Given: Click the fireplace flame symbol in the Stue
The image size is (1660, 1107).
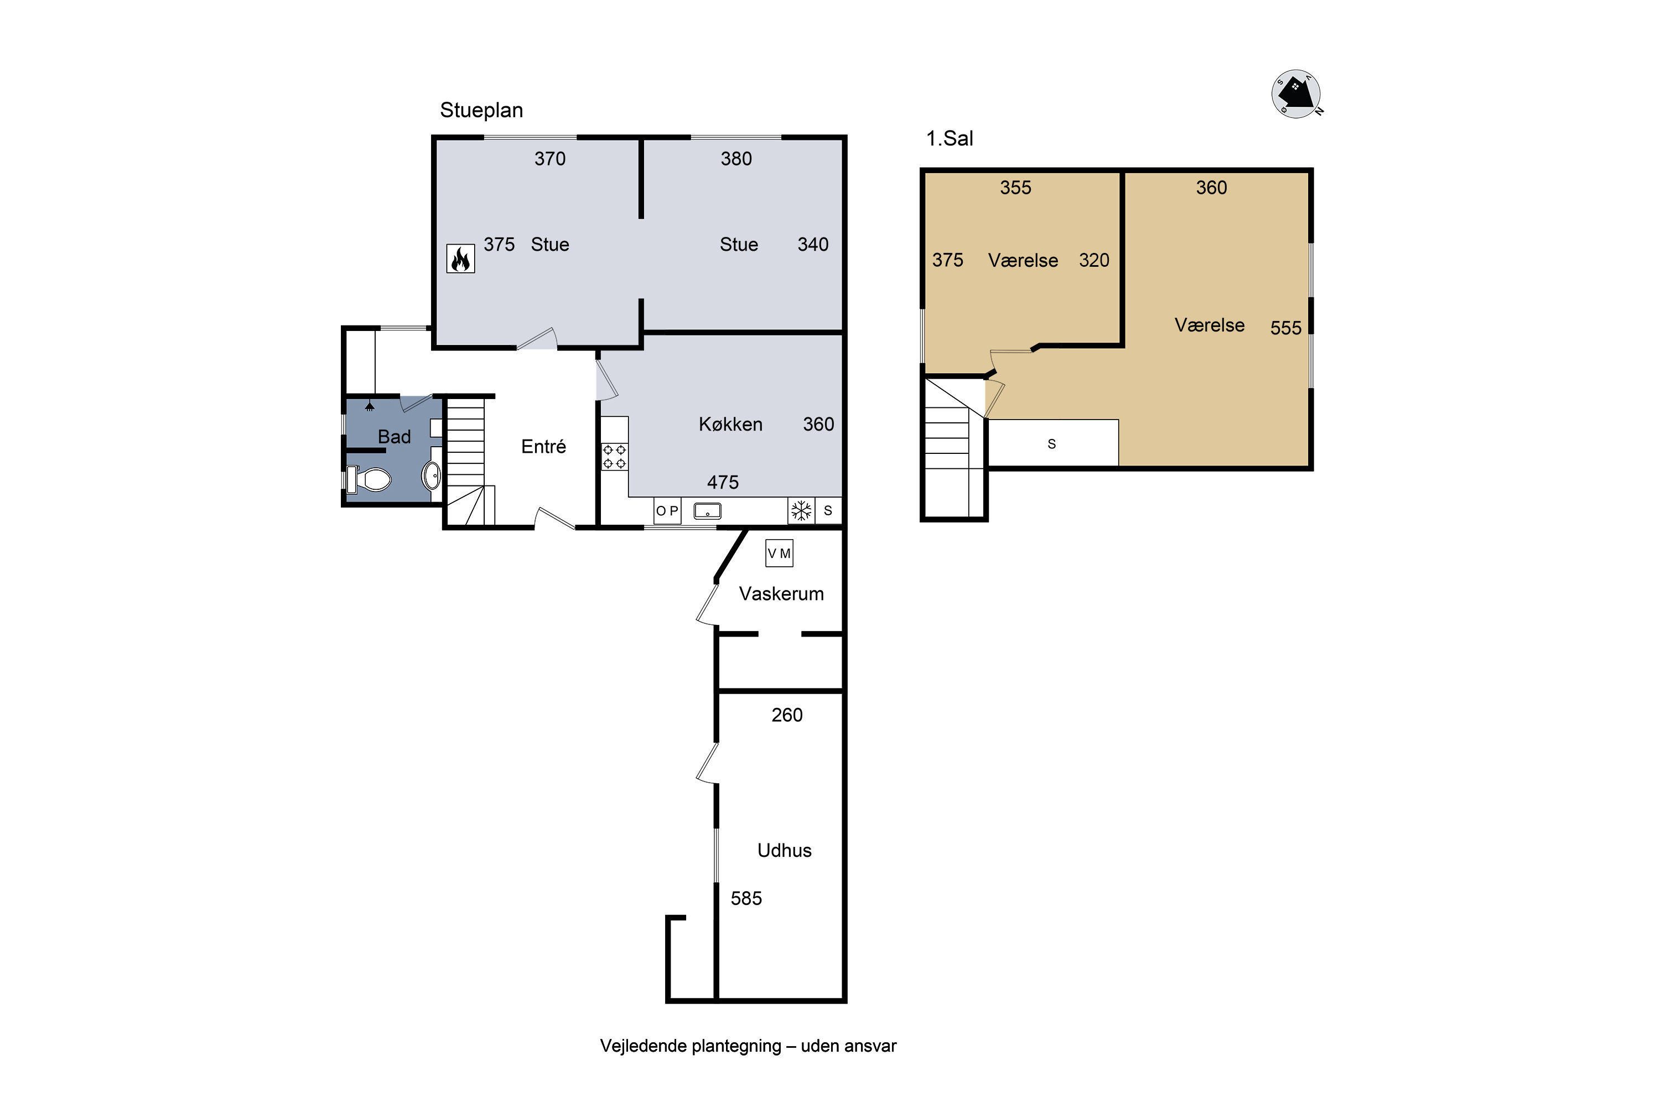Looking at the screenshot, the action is click(x=460, y=258).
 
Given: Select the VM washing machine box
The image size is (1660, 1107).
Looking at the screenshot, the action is click(x=779, y=553).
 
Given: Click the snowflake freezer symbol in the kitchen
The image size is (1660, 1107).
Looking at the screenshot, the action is click(x=801, y=510).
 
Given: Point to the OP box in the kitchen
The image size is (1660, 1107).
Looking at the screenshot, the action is click(x=667, y=510).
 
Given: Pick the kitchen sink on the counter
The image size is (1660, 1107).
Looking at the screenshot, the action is click(x=707, y=510).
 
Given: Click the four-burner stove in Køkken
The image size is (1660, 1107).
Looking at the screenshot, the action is click(x=614, y=457).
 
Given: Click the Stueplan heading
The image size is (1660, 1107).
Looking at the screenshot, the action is click(x=481, y=110).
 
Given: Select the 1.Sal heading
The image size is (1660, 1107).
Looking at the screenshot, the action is click(x=950, y=138).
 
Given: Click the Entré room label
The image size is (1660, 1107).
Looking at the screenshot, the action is click(x=543, y=446).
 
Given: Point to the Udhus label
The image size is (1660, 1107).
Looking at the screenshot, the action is click(x=784, y=850).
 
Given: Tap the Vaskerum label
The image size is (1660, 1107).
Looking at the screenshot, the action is click(x=781, y=594).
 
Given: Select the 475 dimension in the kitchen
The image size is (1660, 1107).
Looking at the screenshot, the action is click(x=723, y=482).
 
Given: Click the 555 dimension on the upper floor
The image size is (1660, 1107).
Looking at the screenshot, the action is click(x=1286, y=328).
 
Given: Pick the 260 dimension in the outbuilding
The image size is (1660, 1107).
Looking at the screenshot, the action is click(x=787, y=715).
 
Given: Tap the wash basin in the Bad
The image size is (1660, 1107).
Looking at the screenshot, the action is click(x=432, y=474).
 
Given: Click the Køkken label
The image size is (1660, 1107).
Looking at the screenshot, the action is click(x=730, y=425).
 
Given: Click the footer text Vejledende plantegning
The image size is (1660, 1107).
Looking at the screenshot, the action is click(x=691, y=1046).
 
